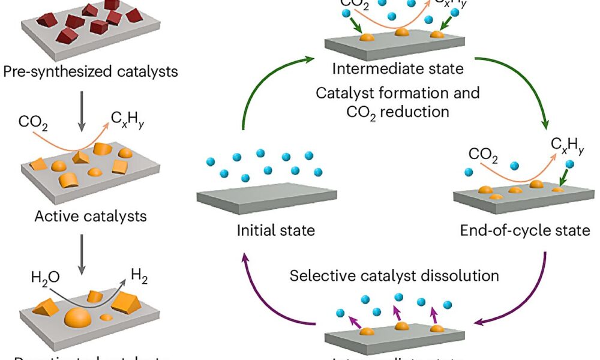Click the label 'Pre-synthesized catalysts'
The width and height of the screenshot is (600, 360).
pos(91,72)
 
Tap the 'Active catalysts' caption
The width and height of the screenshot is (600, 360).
pos(91,215)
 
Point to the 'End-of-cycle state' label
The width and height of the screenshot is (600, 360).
pos(525,230)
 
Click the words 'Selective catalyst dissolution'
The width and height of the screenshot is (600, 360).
pos(395,276)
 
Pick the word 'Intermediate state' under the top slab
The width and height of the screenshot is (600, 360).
pos(398,68)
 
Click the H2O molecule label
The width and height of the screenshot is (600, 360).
pos(46,277)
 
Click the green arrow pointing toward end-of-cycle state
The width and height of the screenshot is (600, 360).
pos(528,90)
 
